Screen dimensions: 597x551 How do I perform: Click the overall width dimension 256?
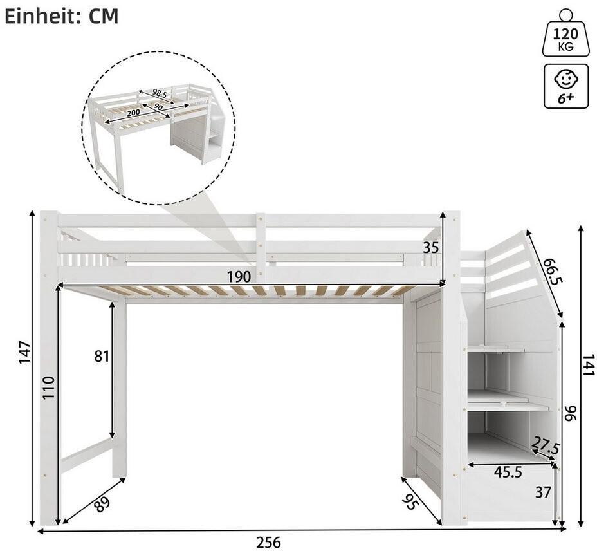click(x=268, y=542)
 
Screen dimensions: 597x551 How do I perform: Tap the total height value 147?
click(x=25, y=353)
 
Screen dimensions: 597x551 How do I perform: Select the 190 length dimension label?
click(x=239, y=277)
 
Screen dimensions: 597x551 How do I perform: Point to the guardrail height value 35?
click(x=431, y=248)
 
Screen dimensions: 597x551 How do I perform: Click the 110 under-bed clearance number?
click(x=49, y=387)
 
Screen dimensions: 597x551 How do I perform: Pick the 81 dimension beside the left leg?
click(x=101, y=357)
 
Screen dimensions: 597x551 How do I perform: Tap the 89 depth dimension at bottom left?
click(x=102, y=504)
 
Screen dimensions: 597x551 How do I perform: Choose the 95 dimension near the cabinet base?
click(x=410, y=502)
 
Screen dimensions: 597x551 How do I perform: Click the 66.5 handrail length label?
click(x=553, y=271)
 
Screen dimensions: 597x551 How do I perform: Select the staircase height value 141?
click(x=588, y=365)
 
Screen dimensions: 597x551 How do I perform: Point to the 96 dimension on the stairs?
click(x=571, y=413)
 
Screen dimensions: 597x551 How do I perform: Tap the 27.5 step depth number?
click(x=546, y=445)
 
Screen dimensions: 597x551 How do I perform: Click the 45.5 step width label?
click(x=508, y=472)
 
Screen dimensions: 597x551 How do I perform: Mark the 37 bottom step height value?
click(x=543, y=492)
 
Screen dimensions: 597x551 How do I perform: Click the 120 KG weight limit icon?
click(x=565, y=34)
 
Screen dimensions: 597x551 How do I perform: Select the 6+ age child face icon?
click(x=565, y=86)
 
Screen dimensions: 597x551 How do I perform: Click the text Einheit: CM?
click(x=61, y=16)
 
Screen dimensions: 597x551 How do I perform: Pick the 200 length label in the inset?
click(x=133, y=112)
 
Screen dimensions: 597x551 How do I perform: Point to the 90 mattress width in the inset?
click(x=158, y=107)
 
